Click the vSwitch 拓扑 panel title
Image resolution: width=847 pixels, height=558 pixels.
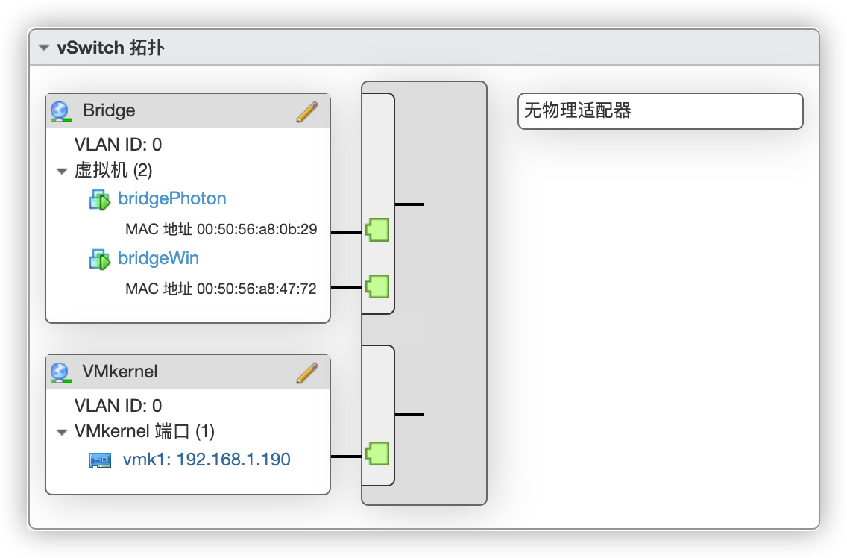tap(110, 48)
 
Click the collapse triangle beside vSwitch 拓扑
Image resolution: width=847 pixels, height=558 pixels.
tap(45, 48)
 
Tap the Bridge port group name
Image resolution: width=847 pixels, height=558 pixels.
tap(109, 110)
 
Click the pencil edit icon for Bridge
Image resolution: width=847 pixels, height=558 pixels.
tap(306, 112)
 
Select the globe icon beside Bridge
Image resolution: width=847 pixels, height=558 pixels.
tap(60, 112)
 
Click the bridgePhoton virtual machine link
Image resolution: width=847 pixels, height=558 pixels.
tap(171, 198)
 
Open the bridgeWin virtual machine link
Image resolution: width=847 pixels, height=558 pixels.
tap(158, 258)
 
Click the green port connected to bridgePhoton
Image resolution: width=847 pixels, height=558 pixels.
tap(377, 230)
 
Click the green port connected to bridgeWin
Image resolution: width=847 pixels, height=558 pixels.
tap(377, 286)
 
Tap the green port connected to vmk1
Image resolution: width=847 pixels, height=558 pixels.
tap(377, 453)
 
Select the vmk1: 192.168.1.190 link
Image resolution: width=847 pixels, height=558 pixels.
tap(207, 460)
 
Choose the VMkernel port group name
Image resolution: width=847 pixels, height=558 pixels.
tap(120, 372)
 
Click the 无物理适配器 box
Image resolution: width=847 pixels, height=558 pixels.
tap(660, 111)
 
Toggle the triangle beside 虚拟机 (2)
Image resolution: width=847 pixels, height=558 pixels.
tap(62, 172)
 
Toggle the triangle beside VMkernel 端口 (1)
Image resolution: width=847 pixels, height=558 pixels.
tap(62, 432)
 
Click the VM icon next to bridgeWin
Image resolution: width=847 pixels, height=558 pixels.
tap(100, 259)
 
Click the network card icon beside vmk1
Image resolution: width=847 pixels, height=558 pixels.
tap(100, 460)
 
